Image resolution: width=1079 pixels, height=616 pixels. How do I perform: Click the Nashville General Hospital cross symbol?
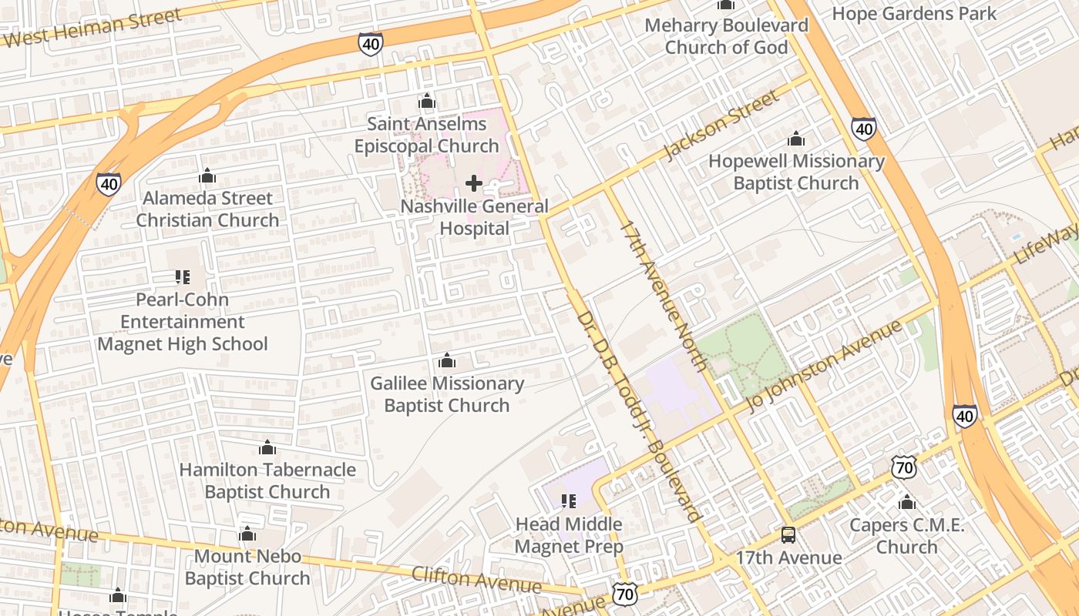click(474, 183)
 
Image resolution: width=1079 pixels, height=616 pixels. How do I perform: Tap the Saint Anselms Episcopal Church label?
click(426, 135)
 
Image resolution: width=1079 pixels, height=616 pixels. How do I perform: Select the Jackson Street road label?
click(721, 125)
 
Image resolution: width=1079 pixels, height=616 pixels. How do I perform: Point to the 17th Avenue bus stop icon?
click(788, 534)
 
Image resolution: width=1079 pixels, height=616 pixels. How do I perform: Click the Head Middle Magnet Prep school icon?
click(569, 501)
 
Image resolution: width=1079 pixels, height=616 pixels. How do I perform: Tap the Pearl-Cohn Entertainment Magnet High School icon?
click(183, 276)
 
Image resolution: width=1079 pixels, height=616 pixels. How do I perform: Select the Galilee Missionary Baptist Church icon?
click(447, 360)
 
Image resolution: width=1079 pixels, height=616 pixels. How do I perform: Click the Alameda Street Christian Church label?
click(207, 209)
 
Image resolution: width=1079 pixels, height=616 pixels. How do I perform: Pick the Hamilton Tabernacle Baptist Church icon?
click(267, 447)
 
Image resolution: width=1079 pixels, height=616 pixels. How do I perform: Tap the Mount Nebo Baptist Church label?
click(247, 567)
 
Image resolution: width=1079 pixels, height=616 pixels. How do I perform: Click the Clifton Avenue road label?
click(476, 580)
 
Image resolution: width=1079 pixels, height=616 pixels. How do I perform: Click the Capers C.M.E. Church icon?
click(907, 503)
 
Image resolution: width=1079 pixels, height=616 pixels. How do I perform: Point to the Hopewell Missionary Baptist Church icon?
click(796, 139)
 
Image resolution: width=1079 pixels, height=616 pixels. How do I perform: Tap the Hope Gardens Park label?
click(914, 14)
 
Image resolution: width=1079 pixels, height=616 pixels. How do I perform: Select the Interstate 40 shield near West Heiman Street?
click(371, 44)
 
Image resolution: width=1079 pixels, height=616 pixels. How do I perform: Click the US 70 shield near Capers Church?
click(904, 467)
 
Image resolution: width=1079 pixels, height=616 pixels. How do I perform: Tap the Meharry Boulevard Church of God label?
click(726, 36)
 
